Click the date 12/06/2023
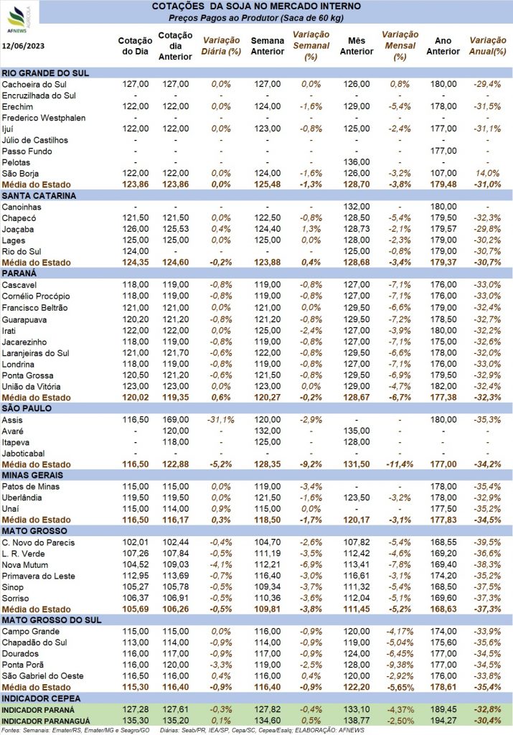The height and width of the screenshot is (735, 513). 23,46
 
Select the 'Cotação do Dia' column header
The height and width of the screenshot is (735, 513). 135,46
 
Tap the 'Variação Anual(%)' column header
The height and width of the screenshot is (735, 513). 488,46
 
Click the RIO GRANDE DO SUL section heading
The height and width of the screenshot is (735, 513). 45,73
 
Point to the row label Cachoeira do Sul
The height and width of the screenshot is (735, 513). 34,85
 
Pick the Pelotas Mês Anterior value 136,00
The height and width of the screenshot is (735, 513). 357,162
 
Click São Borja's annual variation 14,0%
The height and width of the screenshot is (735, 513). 487,174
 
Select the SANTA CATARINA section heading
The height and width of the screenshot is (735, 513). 39,196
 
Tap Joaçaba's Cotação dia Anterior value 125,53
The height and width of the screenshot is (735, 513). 176,229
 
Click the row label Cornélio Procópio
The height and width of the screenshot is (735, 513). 36,296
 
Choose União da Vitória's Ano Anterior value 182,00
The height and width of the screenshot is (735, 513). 443,386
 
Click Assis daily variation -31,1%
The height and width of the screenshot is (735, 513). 221,419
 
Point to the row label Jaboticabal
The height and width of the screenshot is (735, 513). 24,454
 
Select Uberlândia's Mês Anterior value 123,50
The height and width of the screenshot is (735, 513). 357,498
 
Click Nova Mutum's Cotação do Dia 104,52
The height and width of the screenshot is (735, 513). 136,565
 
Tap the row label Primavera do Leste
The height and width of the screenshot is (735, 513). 39,576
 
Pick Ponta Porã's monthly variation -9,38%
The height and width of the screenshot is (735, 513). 400,665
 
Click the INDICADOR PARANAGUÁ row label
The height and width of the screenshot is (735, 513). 46,721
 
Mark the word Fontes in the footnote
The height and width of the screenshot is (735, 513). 10,730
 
